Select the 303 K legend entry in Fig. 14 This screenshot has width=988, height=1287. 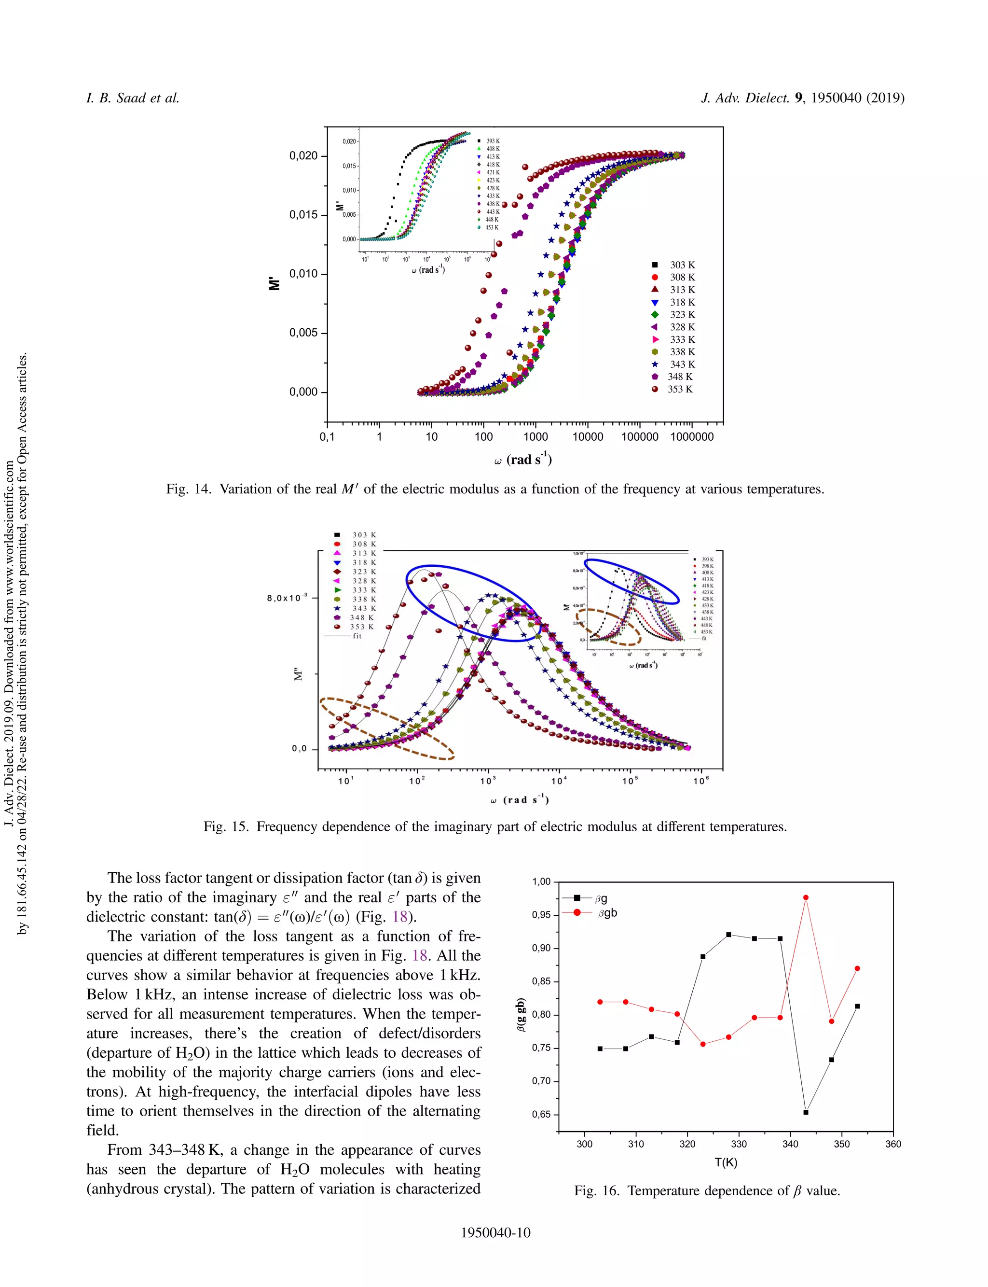click(x=675, y=265)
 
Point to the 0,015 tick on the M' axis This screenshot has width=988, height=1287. click(x=303, y=215)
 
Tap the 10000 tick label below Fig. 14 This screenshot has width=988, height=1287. click(x=588, y=437)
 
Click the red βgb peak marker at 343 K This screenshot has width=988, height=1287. click(x=806, y=897)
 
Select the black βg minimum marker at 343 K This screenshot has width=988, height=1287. click(x=806, y=1112)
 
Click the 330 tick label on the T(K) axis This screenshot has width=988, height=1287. click(x=739, y=1144)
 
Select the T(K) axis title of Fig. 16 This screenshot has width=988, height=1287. click(x=726, y=1162)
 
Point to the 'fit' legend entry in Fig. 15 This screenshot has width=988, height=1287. click(x=350, y=636)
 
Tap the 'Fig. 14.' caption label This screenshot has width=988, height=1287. click(x=188, y=489)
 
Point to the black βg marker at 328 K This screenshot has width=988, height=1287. click(x=728, y=935)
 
